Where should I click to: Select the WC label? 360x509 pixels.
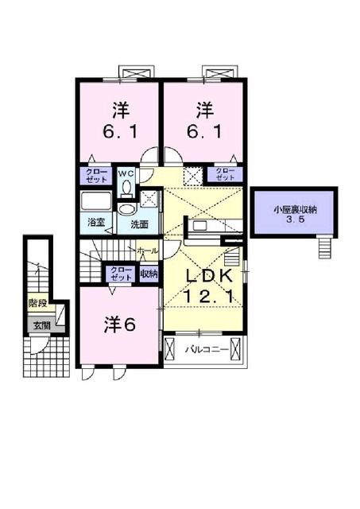coord(126,172)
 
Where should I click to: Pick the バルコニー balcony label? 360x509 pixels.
coord(207,349)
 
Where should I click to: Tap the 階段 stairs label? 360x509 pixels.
coord(37,303)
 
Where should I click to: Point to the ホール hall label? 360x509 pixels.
coord(146,251)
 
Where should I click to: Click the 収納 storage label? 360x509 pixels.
coord(149,274)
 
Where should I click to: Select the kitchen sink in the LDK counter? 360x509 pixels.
coord(198,226)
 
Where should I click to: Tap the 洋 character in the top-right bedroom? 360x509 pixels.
coord(205,107)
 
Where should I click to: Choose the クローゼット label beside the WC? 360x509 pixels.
coord(96,175)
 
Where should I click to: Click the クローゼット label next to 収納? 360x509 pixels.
coord(121,274)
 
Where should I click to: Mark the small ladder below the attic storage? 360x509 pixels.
coord(323,247)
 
